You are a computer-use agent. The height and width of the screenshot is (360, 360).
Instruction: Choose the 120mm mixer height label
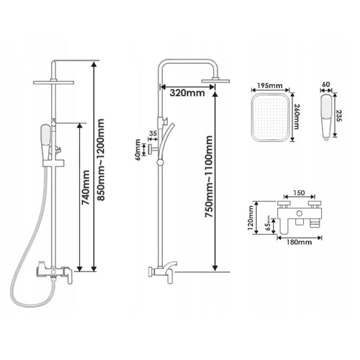[x=251, y=218]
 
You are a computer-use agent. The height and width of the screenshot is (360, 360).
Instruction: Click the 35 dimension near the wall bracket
[x=153, y=134]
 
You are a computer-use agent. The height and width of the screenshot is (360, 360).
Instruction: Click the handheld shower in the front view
[x=45, y=139]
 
